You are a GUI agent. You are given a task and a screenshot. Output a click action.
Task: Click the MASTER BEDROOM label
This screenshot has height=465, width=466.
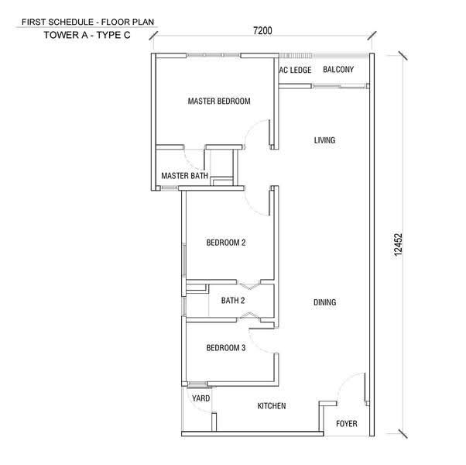point(219,102)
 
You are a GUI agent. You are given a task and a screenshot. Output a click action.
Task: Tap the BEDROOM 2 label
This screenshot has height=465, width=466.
point(226,243)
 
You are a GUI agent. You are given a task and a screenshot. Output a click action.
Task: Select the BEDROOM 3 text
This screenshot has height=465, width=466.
point(226,348)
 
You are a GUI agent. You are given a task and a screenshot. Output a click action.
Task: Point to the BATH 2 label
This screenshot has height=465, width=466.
point(233,301)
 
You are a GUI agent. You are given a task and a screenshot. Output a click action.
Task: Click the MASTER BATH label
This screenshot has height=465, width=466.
point(184,176)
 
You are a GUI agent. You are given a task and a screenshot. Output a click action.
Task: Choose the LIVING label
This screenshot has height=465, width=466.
point(324,140)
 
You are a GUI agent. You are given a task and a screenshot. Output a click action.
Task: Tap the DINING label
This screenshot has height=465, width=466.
point(325,302)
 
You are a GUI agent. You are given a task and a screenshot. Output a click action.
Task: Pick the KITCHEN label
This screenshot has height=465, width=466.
point(272,406)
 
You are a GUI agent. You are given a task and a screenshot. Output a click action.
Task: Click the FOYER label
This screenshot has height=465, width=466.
point(347,424)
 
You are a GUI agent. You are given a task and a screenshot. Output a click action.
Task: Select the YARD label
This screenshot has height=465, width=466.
point(201,398)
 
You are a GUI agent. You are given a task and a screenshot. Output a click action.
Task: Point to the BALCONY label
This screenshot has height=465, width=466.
point(338,70)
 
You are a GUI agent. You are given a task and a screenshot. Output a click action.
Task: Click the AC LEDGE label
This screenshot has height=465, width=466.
point(295,71)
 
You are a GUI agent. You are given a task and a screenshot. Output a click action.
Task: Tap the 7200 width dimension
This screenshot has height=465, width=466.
point(262,31)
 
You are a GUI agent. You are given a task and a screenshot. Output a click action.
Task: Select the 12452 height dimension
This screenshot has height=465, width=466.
point(398,245)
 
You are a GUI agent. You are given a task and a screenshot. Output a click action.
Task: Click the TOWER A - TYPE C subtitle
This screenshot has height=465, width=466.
point(87,35)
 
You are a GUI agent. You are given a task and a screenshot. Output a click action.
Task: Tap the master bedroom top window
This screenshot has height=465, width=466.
point(214,55)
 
